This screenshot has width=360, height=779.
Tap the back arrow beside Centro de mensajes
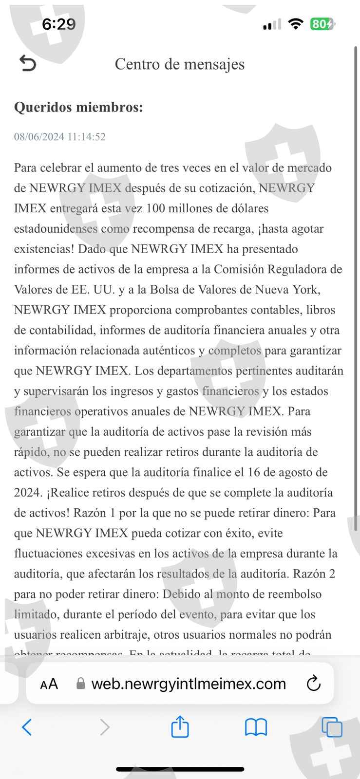tap(28, 63)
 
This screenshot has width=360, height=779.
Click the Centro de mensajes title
tap(179, 64)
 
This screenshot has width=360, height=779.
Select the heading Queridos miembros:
tap(78, 107)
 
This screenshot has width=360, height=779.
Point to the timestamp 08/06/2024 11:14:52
tap(59, 137)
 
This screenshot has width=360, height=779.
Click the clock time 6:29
tap(58, 24)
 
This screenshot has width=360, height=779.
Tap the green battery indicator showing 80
tap(322, 24)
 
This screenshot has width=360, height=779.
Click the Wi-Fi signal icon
tap(295, 24)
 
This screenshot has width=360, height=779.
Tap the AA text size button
tap(49, 684)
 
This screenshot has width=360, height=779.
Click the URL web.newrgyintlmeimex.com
tap(189, 684)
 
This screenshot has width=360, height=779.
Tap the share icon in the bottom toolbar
tap(180, 727)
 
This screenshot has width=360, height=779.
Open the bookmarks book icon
tap(256, 728)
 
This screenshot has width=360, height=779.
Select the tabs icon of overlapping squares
tap(332, 728)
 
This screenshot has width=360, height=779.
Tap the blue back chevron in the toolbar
tap(27, 727)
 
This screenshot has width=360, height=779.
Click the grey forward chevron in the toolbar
tap(104, 727)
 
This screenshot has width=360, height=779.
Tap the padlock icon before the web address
tap(81, 684)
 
